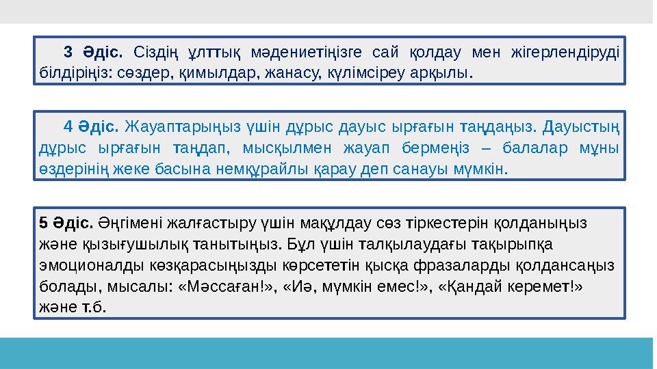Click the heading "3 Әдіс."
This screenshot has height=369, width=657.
click(92, 52)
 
